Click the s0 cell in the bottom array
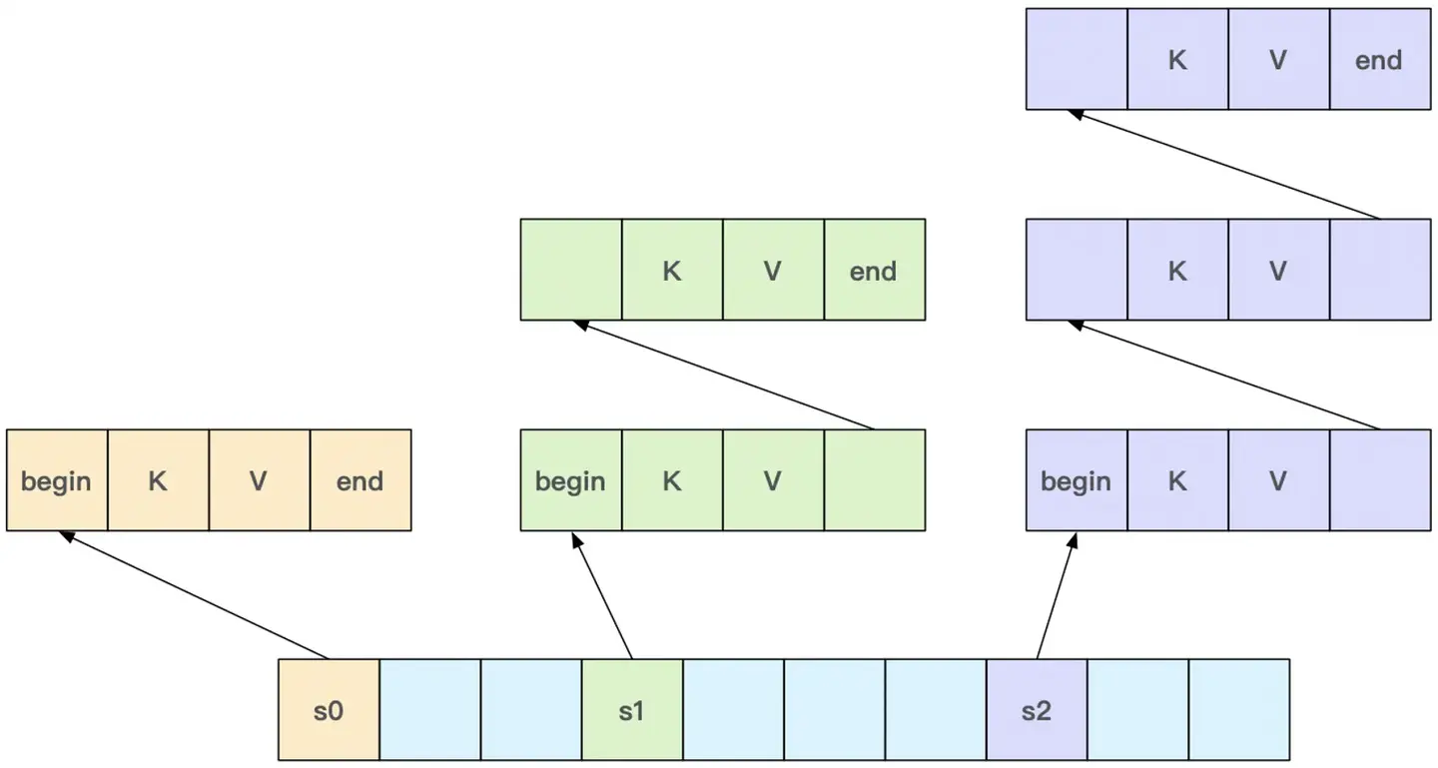329,710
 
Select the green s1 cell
632,710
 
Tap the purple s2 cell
1037,710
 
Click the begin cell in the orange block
56,480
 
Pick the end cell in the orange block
360,480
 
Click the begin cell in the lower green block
570,480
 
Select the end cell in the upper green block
874,270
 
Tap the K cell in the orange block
158,480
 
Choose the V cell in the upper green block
773,270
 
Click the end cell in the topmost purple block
1379,59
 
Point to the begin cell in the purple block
1077,480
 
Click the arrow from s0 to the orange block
195,595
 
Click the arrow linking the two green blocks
724,376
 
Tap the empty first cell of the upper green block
570,270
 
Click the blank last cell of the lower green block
874,480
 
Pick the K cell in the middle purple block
1177,270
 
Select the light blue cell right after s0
429,710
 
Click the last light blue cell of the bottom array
1238,710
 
